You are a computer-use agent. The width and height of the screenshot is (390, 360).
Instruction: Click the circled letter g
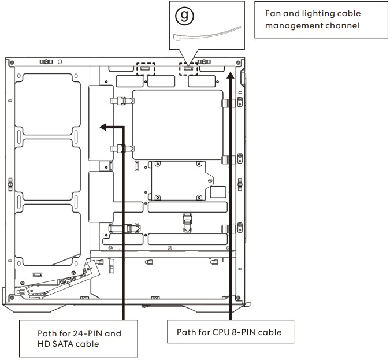[x=184, y=16]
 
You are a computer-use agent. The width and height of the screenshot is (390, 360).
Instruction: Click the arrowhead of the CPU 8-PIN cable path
[x=231, y=75]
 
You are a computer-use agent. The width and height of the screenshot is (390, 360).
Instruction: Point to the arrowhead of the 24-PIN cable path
[x=103, y=127]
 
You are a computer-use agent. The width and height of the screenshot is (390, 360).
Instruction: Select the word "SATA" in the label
[x=62, y=344]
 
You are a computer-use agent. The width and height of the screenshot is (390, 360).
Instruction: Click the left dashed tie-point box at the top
[x=146, y=69]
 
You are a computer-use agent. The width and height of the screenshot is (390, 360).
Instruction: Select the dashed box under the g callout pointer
[x=188, y=69]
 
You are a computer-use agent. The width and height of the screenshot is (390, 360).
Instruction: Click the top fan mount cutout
[x=47, y=104]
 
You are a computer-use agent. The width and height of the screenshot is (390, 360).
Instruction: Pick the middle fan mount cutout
[x=47, y=170]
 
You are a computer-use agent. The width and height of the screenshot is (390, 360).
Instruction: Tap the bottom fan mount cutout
[x=47, y=235]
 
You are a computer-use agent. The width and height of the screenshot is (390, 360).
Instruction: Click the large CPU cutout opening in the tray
[x=177, y=125]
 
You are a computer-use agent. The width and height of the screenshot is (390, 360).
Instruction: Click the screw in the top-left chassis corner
[x=12, y=62]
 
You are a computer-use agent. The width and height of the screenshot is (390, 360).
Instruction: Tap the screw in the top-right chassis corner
[x=238, y=62]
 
